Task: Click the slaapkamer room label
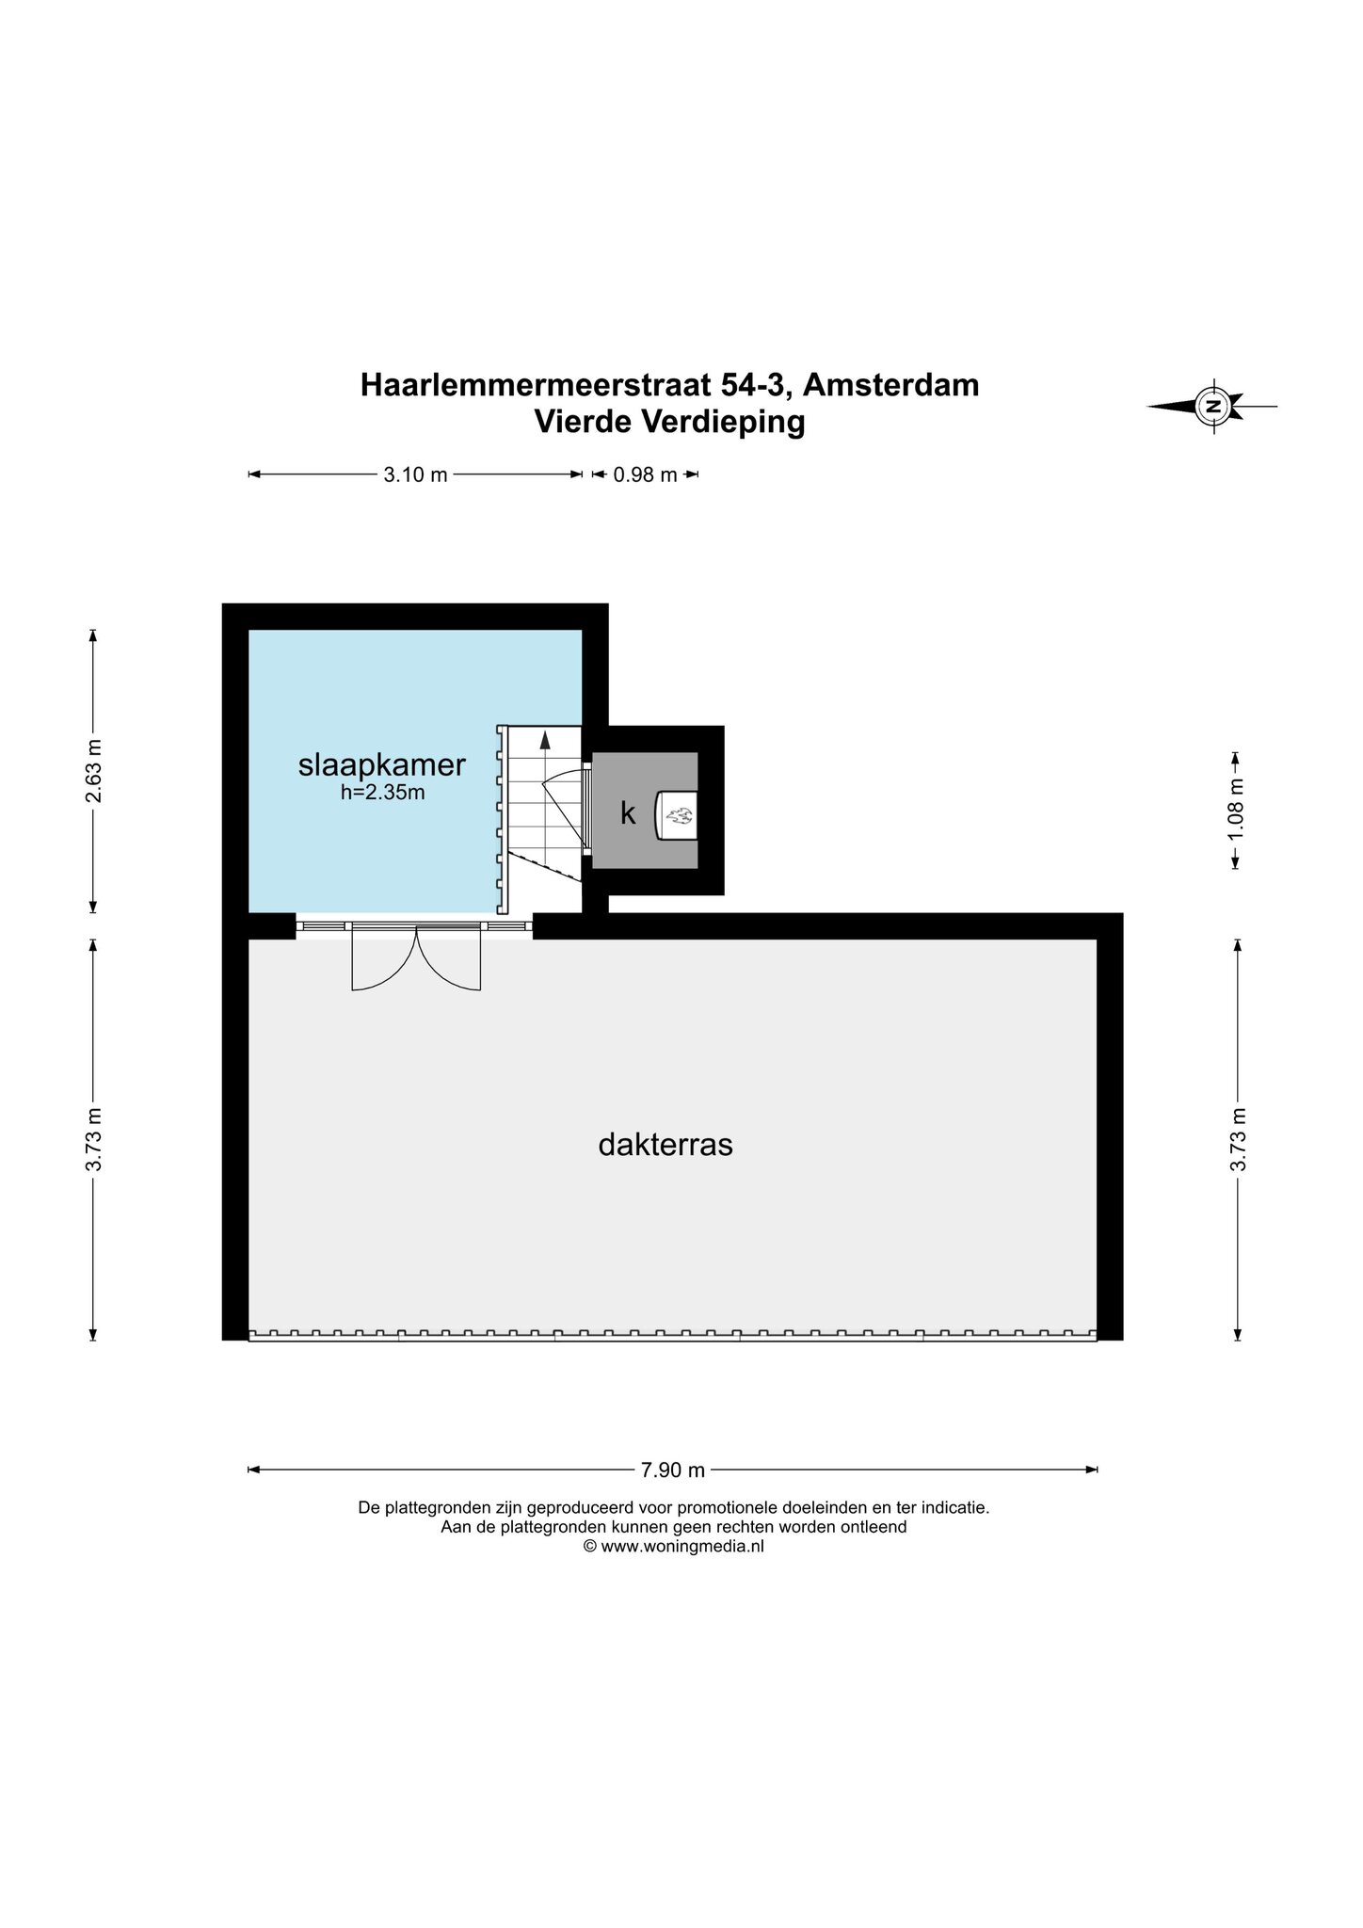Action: click(x=381, y=764)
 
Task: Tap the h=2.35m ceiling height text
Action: click(x=383, y=793)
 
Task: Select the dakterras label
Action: click(x=665, y=1145)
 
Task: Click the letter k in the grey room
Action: click(x=628, y=812)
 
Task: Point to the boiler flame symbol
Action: click(x=677, y=812)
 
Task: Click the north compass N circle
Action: click(x=1213, y=407)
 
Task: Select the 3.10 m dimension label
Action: click(x=415, y=475)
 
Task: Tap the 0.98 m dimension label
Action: click(x=646, y=475)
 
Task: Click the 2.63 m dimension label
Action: click(x=93, y=771)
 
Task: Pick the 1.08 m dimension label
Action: click(x=1237, y=811)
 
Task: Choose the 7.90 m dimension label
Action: click(x=673, y=1470)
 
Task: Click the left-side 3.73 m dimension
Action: click(x=93, y=1139)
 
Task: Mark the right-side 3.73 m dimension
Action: click(x=1237, y=1139)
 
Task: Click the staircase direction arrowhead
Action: click(x=545, y=741)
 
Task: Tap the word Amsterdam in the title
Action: click(x=891, y=385)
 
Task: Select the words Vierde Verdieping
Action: click(x=670, y=422)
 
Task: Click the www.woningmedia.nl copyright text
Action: click(x=673, y=1546)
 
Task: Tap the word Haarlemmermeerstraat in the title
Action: click(x=532, y=385)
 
